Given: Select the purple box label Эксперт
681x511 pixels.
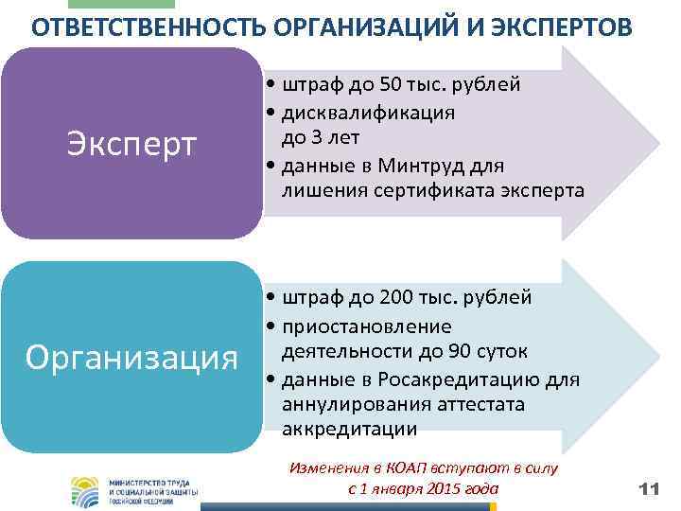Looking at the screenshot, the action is point(131,144).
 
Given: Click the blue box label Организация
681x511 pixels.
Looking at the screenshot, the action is point(131,358).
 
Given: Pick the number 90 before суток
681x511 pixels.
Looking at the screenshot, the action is point(470,351).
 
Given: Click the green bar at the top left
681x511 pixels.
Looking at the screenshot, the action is point(139,4).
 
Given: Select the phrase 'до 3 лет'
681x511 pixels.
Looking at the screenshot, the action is point(320,138).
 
